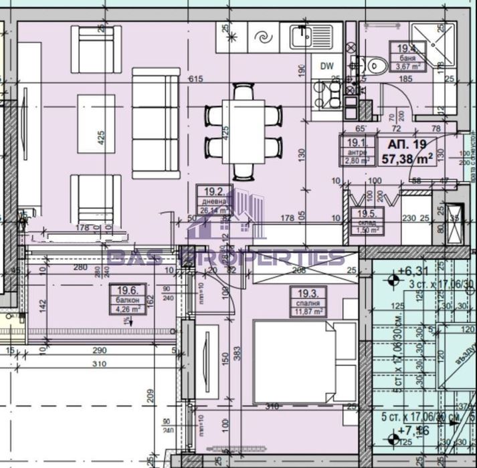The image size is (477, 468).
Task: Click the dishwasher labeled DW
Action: (x=326, y=66)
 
